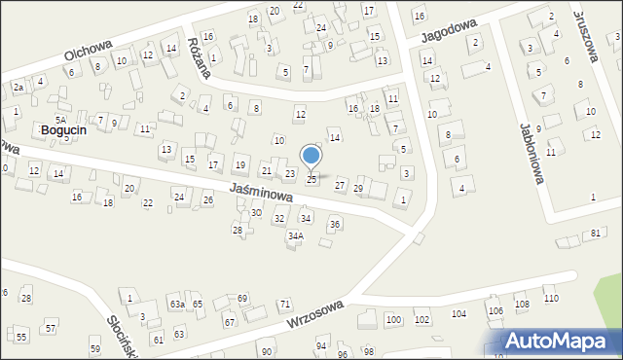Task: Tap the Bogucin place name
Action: [x=65, y=129]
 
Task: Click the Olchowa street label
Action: [x=89, y=52]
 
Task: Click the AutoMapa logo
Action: [x=562, y=341]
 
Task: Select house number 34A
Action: [x=296, y=235]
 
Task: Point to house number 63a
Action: [x=177, y=305]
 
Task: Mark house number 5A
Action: [x=60, y=119]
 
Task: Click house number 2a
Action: [x=18, y=88]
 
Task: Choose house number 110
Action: [x=551, y=299]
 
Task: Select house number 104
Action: [x=458, y=314]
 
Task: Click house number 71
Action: [x=285, y=305]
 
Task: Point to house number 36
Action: [x=334, y=225]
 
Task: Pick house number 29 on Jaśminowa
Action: [x=358, y=188]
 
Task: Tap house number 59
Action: [x=94, y=348]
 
